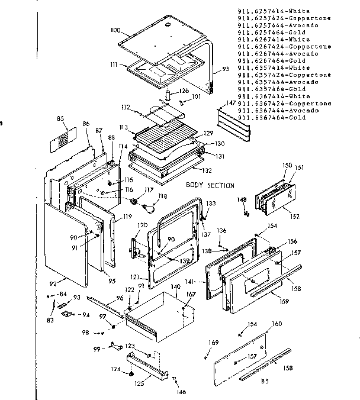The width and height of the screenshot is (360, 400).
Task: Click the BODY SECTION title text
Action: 210,185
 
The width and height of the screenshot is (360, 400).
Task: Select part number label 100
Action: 115,29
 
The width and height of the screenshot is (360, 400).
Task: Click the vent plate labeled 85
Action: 65,140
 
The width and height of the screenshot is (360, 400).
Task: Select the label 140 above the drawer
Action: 175,286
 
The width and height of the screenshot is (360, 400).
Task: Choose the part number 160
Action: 277,324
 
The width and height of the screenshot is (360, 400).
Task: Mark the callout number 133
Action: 210,202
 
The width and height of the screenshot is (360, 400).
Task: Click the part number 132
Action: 207,170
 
